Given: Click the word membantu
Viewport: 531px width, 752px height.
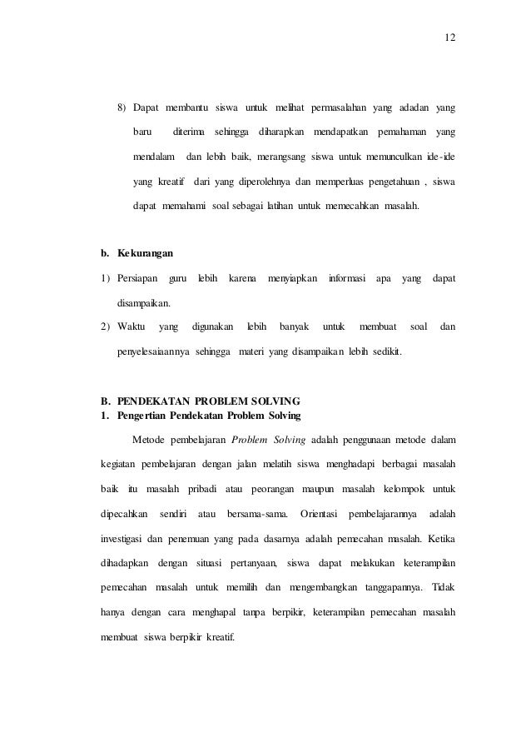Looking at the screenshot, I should [x=186, y=108].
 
